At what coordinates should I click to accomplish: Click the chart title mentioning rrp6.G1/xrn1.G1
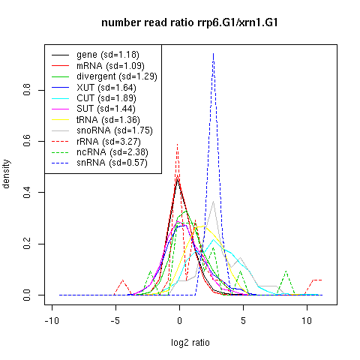190,23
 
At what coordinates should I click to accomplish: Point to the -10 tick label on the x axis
52,320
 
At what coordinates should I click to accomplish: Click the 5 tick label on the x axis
243,320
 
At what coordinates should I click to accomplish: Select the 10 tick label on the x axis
307,320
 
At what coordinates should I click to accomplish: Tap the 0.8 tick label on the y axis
27,90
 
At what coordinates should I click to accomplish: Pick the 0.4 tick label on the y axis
27,192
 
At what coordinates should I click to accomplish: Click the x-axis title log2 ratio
190,343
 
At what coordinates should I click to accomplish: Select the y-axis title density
6,174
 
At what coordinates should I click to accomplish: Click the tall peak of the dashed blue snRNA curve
213,53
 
